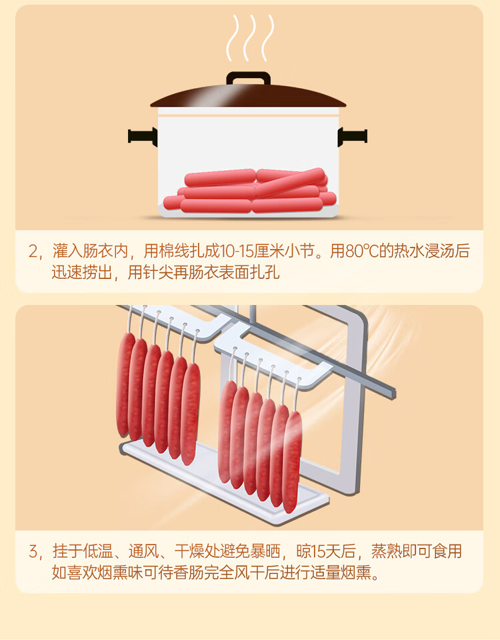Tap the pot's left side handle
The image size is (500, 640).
tap(143, 136)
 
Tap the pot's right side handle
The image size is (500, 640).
tap(353, 136)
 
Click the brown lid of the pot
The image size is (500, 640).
tap(248, 97)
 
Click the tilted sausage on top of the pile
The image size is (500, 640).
tap(290, 182)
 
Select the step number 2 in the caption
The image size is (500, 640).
tap(33, 251)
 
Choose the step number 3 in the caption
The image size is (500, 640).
tap(33, 551)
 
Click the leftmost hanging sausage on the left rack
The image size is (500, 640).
tap(125, 384)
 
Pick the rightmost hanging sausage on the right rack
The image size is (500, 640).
tap(292, 462)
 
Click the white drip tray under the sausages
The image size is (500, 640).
tap(224, 482)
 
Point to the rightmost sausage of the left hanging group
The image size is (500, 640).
tap(190, 414)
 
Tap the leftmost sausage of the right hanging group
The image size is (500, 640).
tap(227, 432)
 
